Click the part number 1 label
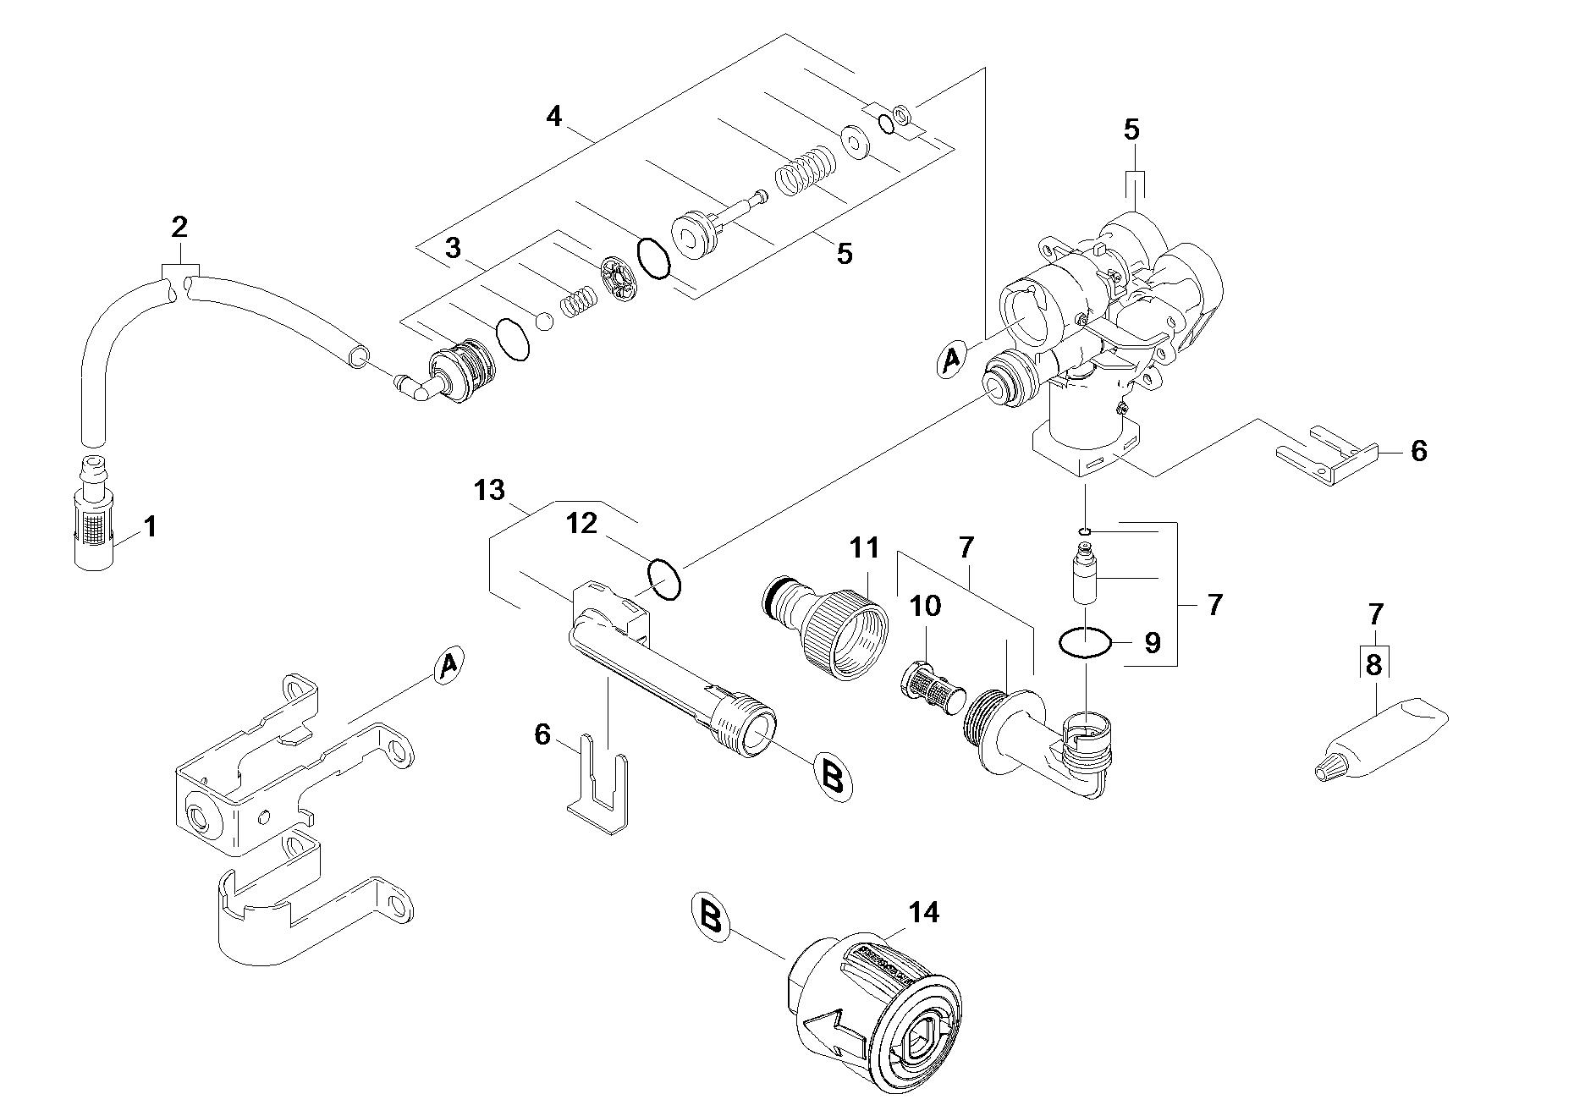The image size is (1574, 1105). (x=150, y=528)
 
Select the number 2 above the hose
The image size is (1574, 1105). (x=179, y=228)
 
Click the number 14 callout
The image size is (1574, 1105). (x=923, y=913)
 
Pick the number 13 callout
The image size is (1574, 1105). (x=489, y=490)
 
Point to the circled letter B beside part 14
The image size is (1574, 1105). (x=711, y=915)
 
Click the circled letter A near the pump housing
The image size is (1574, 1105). (x=952, y=359)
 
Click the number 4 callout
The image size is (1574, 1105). (x=553, y=116)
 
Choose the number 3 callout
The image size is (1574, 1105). (x=453, y=248)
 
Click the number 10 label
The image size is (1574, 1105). (x=925, y=606)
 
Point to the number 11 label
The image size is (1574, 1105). (x=864, y=547)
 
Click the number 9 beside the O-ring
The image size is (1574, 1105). (x=1153, y=643)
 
